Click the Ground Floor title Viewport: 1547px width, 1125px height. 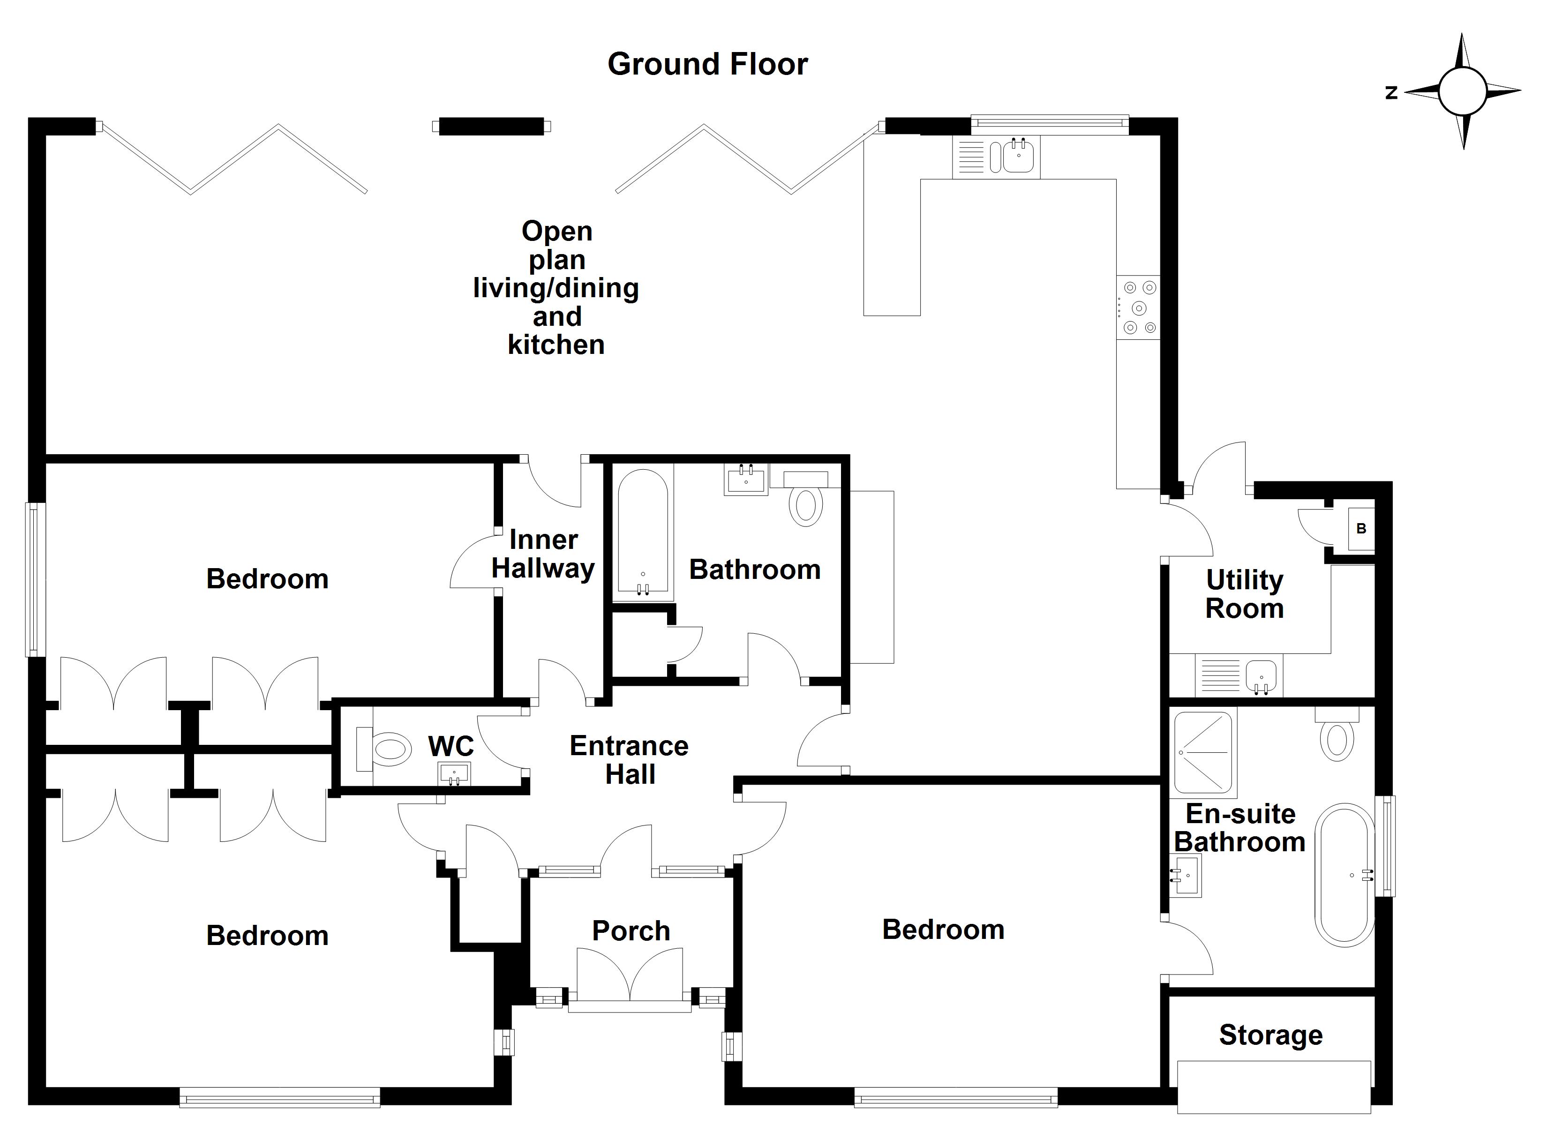point(707,64)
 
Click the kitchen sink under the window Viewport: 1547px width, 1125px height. point(1018,156)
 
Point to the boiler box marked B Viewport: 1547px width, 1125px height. point(1361,528)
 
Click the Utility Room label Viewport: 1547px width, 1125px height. point(1245,593)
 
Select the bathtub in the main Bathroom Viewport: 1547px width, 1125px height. point(643,532)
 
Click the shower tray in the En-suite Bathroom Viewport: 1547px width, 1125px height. point(1204,753)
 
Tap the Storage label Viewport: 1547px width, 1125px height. point(1271,1035)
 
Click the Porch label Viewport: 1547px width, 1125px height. point(631,930)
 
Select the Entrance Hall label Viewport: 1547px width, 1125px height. point(629,760)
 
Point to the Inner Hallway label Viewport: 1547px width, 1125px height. point(544,554)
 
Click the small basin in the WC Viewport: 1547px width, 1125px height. point(454,773)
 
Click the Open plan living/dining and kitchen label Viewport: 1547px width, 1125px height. point(556,288)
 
